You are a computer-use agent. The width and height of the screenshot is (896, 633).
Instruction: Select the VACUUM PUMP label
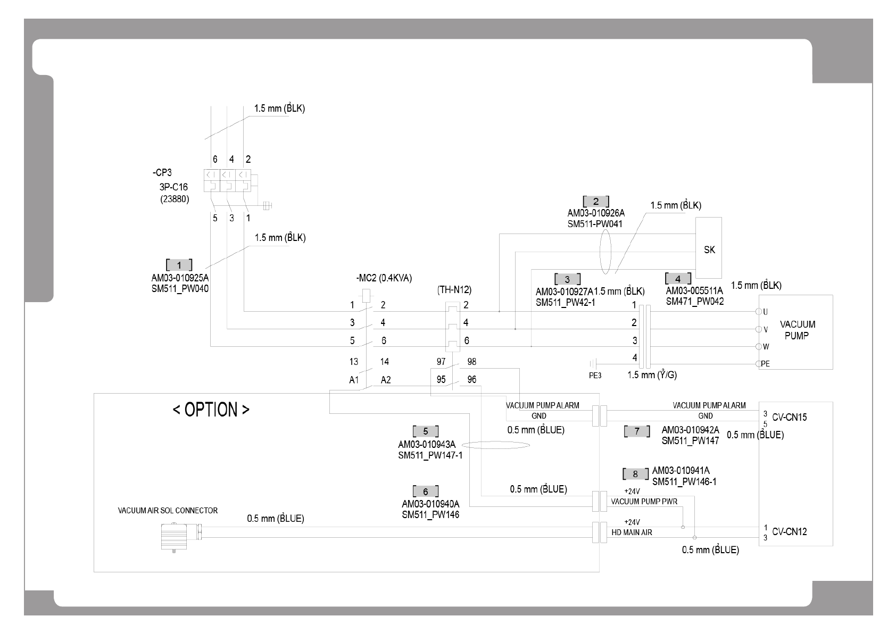[x=797, y=330]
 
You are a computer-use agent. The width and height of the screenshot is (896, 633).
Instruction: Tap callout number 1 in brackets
[x=179, y=265]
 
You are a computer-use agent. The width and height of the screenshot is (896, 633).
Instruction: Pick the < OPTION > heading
[x=211, y=410]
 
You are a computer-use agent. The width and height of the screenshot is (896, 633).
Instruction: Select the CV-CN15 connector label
[x=789, y=417]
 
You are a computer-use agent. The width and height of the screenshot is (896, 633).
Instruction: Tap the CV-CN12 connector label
[x=789, y=531]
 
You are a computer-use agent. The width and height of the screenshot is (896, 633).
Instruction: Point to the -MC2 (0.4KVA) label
[x=384, y=278]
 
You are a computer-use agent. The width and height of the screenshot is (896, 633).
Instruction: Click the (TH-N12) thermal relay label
[x=454, y=290]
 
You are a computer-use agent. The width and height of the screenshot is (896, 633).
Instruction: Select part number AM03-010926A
[x=596, y=213]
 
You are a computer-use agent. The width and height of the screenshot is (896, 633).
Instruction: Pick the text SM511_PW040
[x=180, y=288]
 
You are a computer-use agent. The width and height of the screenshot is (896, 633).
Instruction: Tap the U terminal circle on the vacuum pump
[x=759, y=312]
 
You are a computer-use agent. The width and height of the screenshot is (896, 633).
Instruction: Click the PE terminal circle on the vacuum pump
[x=759, y=364]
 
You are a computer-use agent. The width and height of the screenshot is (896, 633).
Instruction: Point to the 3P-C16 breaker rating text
[x=173, y=187]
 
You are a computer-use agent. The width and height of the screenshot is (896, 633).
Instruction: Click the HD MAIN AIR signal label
[x=632, y=532]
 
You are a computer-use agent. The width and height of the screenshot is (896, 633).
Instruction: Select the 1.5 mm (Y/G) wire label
[x=652, y=375]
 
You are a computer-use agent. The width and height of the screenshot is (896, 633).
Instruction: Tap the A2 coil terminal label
[x=386, y=380]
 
